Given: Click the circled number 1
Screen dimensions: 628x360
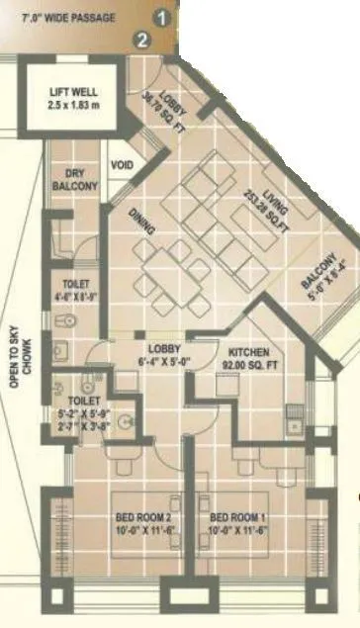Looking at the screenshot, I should [164, 17].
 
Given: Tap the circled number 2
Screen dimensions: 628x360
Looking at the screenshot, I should [144, 40].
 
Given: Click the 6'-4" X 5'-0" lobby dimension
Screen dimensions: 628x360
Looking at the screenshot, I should [163, 362].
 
